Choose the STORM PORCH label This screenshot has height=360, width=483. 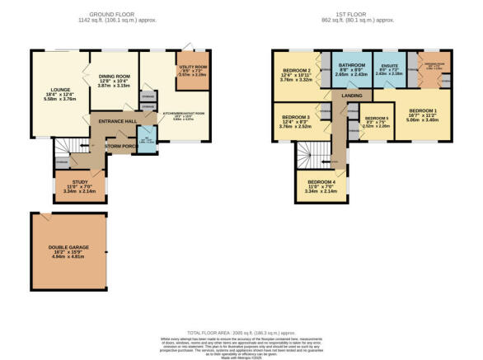[120, 147]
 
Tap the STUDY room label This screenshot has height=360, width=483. [79, 182]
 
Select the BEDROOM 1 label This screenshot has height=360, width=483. [424, 110]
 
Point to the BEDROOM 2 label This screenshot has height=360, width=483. [297, 71]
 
